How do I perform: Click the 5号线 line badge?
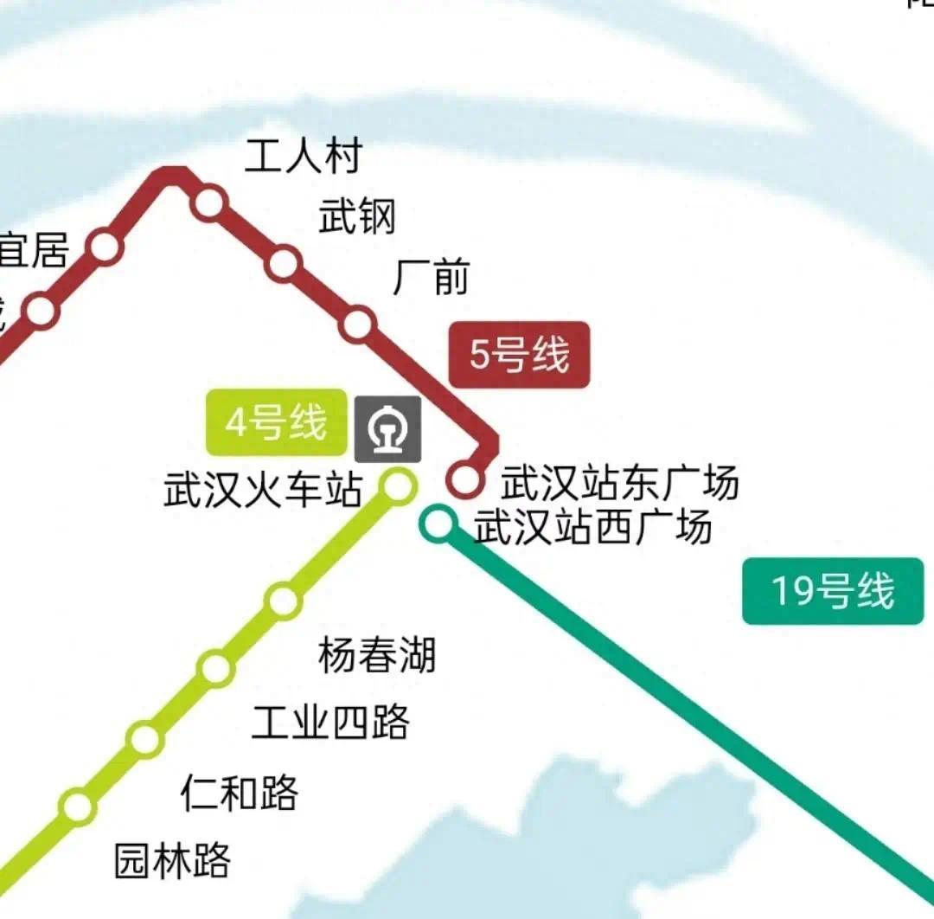click(x=519, y=355)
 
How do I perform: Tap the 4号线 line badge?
click(x=276, y=424)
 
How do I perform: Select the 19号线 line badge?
click(x=833, y=592)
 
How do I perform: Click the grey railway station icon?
click(x=388, y=428)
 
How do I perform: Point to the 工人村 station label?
click(x=303, y=157)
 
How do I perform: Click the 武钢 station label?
click(x=357, y=216)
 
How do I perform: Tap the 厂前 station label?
click(x=431, y=278)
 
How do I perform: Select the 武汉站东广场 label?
click(x=620, y=483)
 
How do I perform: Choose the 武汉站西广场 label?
click(x=593, y=527)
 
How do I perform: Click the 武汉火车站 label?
click(x=262, y=490)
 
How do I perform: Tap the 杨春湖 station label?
click(x=377, y=655)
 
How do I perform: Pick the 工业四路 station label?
click(x=330, y=722)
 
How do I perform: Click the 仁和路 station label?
click(x=240, y=792)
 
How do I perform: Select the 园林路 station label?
click(x=173, y=860)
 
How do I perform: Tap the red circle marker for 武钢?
click(x=284, y=263)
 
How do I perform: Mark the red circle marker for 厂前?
click(x=357, y=324)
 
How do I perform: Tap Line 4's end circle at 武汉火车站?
click(x=399, y=485)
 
